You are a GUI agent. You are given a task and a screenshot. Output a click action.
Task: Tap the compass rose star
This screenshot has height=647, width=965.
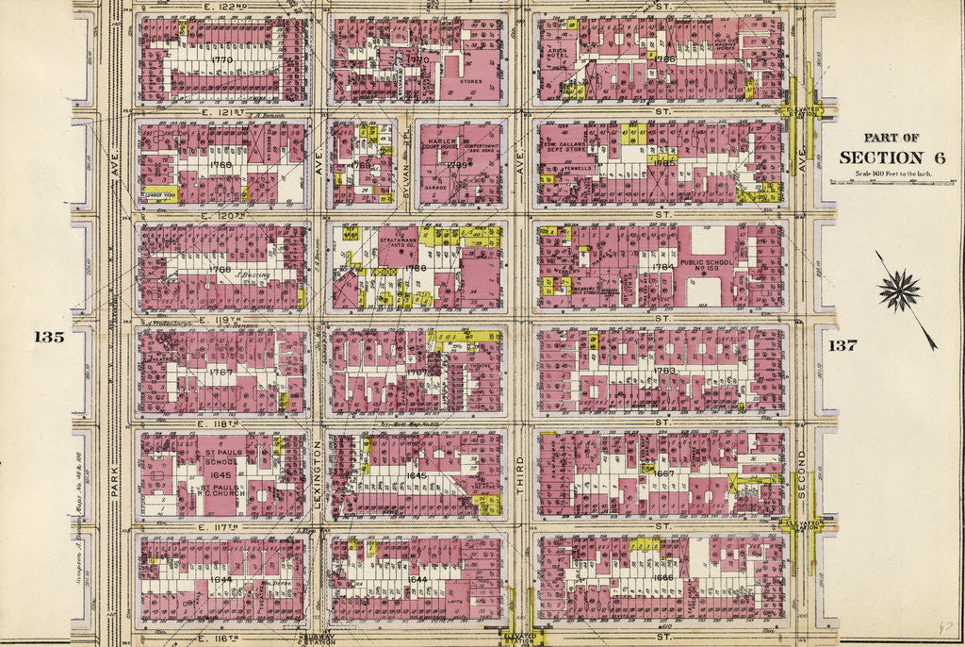[899, 290]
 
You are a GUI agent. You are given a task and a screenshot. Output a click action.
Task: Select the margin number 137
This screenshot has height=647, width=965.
[842, 345]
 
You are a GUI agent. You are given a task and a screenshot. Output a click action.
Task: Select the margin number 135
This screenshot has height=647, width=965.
[49, 337]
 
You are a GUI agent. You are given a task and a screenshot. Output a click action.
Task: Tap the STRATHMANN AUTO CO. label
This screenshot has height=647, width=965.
[402, 247]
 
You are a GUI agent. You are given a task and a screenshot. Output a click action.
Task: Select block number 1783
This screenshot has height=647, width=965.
[666, 371]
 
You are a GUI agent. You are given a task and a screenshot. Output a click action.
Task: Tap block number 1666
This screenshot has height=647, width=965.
[663, 577]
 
